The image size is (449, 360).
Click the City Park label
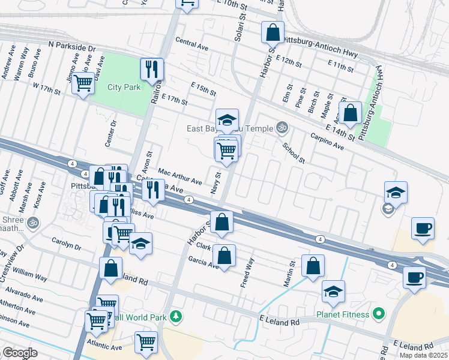[124, 87]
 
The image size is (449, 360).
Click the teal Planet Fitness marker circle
[378, 313]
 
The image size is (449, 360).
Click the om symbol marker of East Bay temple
[280, 127]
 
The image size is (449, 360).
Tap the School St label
[294, 153]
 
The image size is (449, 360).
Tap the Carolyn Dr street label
[66, 245]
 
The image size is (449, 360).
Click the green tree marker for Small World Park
[176, 316]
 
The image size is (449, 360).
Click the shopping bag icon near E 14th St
[349, 112]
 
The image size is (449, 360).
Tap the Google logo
[20, 353]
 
